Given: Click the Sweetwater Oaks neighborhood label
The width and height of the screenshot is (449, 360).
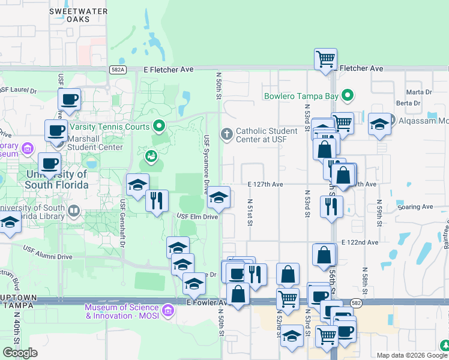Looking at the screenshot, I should [x=77, y=15].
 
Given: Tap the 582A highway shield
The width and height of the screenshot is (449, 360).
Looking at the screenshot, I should [x=118, y=70].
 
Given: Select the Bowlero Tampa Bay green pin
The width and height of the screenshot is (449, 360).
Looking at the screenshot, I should [x=347, y=95].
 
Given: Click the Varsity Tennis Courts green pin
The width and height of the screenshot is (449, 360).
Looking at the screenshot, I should [x=159, y=126].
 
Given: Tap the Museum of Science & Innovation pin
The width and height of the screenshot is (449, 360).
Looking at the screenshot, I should [x=168, y=310].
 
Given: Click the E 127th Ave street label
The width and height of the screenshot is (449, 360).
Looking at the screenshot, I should [x=265, y=185].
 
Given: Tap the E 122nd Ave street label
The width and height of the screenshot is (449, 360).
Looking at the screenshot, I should [x=360, y=242].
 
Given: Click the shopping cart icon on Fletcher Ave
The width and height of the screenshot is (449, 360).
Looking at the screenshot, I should [x=325, y=59].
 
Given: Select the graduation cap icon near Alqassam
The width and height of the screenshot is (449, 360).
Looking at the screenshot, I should [x=379, y=124].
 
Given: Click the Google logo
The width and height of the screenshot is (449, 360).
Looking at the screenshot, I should [x=20, y=353].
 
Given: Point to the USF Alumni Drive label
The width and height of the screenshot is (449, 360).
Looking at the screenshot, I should [x=47, y=252].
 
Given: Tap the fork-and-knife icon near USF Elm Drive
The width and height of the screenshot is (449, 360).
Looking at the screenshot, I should [x=157, y=200].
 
